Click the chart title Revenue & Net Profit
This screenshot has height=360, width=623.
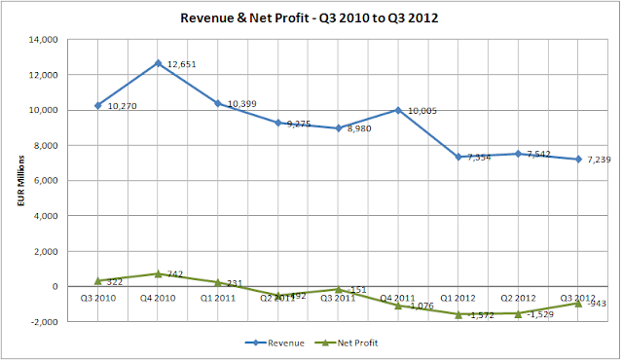311,18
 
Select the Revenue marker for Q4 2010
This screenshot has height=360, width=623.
158,63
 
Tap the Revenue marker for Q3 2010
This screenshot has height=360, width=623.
97,105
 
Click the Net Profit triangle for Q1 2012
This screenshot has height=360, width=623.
458,314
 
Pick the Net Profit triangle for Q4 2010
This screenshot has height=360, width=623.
158,273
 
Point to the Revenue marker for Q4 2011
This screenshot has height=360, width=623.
398,110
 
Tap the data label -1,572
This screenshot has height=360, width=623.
481,315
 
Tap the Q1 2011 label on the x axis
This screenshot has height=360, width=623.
217,298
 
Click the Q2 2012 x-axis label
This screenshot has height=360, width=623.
518,298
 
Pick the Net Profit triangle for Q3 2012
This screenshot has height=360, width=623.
578,303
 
